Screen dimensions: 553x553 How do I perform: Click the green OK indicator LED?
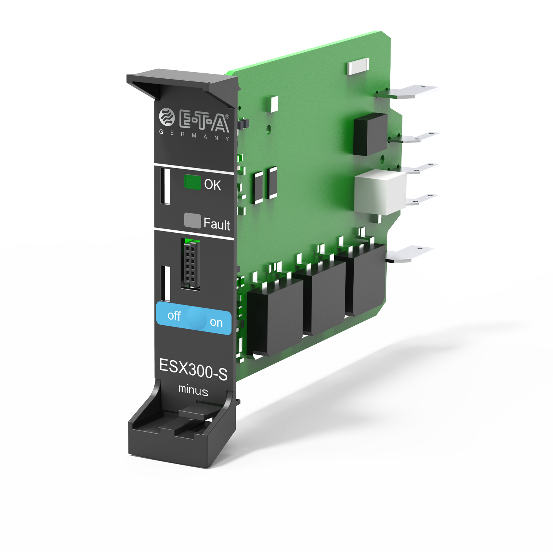click(192, 182)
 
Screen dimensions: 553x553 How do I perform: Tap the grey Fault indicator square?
click(192, 220)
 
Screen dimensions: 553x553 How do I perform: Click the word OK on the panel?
click(212, 185)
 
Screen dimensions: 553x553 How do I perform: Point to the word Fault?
click(217, 224)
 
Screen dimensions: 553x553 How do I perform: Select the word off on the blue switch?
click(174, 316)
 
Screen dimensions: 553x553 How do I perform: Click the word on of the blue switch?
click(216, 323)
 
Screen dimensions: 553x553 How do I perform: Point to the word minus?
click(193, 390)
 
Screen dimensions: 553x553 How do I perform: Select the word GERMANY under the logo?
click(194, 135)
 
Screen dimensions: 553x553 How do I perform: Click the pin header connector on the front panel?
click(190, 264)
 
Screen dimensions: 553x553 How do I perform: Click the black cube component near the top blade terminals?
click(370, 134)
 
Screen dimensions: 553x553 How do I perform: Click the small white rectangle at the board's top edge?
click(358, 66)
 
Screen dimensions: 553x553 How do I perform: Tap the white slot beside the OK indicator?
click(165, 186)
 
